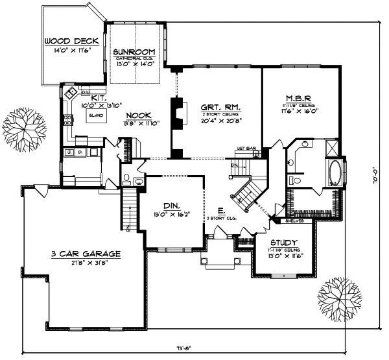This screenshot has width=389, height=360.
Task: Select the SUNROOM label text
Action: click(x=134, y=51)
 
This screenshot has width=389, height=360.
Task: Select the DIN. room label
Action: click(x=171, y=202)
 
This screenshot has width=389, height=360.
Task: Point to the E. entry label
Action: click(x=222, y=211)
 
